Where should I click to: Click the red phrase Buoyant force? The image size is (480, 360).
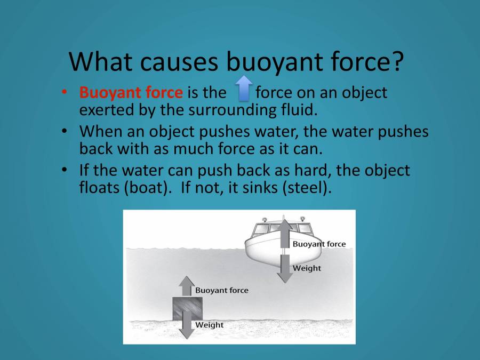[x=131, y=92]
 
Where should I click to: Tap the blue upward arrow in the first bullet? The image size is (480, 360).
[x=244, y=89]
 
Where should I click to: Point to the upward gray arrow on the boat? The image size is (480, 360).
[x=285, y=233]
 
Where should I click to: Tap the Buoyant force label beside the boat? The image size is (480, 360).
[x=319, y=244]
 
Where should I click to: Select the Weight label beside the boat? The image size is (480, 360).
[x=307, y=268]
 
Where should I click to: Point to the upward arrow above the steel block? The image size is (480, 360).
[x=186, y=286]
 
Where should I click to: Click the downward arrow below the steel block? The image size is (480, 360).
[x=186, y=326]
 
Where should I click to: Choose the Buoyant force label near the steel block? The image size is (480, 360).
[x=221, y=291]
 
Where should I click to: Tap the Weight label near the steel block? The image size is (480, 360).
[x=209, y=324]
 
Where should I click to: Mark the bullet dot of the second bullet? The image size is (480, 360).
[x=65, y=131]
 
